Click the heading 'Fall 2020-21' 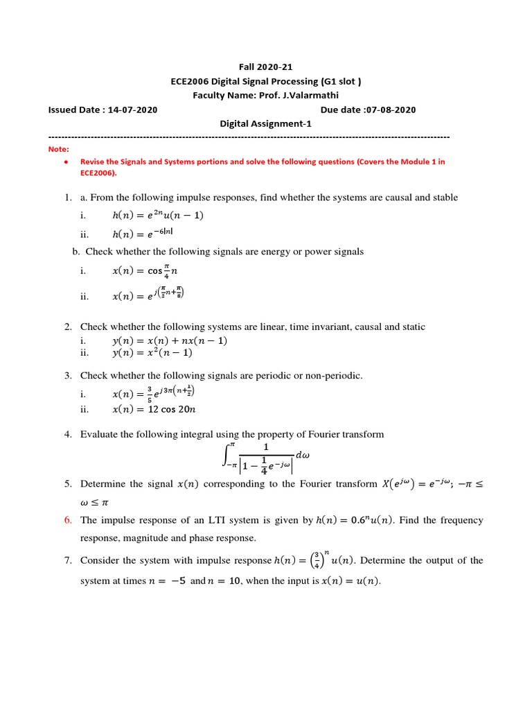click(266, 67)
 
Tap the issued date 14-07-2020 click(129, 110)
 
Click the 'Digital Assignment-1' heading click(266, 123)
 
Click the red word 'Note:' click(59, 149)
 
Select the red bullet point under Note click(64, 162)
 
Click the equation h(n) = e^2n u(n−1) click(158, 215)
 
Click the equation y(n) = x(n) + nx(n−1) click(170, 340)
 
